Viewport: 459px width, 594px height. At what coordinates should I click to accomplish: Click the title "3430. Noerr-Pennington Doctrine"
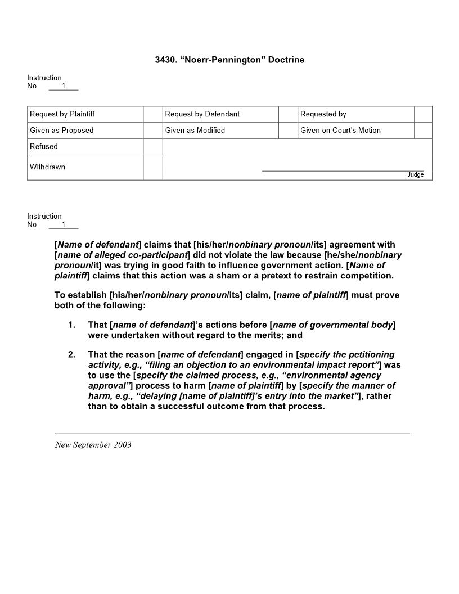click(229, 60)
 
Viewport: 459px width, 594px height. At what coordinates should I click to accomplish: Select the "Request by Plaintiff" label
click(62, 114)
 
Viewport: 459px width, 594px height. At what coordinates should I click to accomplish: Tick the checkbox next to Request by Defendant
click(287, 114)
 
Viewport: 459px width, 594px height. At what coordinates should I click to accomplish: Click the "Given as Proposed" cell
click(62, 130)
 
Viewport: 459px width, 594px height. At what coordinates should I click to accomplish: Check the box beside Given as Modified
click(287, 130)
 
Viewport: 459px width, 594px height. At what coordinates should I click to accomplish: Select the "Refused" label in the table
click(44, 146)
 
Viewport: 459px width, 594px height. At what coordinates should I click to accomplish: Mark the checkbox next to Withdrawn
click(152, 167)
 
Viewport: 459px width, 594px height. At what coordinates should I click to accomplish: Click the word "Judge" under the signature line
click(415, 175)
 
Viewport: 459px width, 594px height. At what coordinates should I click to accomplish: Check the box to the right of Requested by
click(423, 114)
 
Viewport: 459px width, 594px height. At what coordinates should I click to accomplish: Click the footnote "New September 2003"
click(93, 445)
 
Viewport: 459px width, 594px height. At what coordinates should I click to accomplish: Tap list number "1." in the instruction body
click(71, 325)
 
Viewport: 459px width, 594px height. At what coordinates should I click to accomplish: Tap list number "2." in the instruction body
click(71, 355)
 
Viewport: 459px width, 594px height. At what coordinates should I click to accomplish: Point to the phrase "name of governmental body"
click(332, 325)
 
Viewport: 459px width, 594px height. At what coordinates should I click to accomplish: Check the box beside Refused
click(152, 146)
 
